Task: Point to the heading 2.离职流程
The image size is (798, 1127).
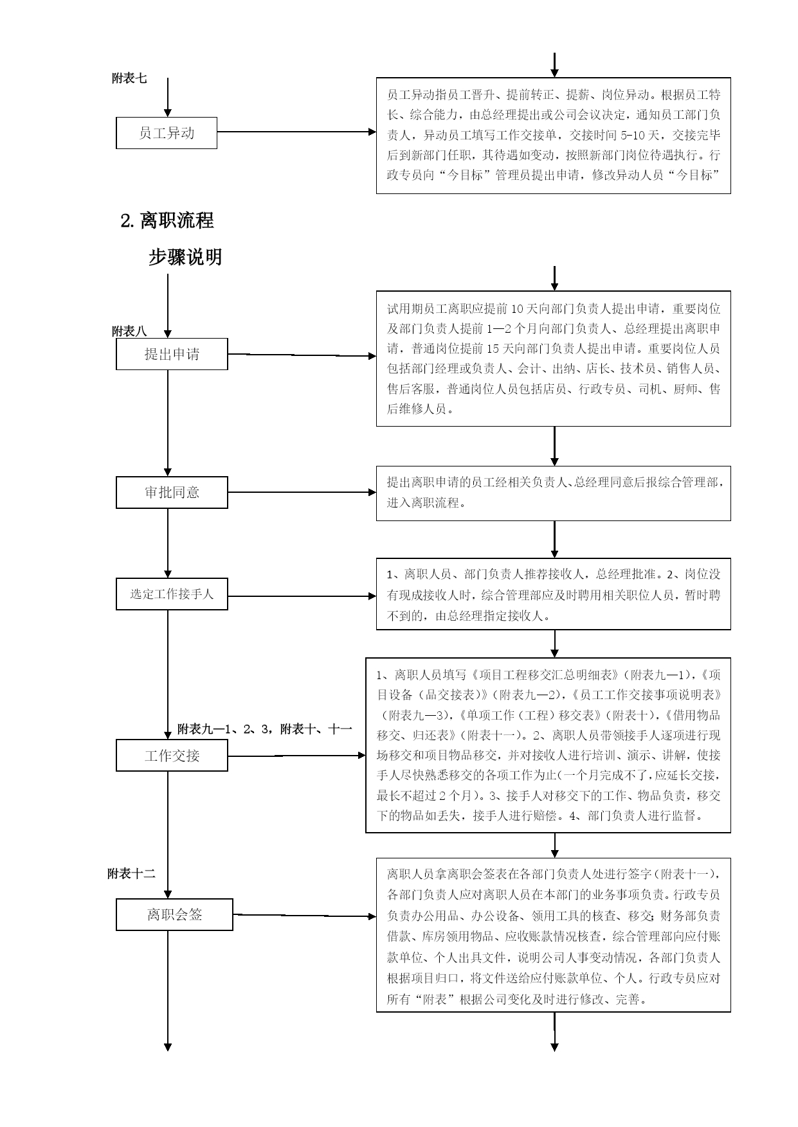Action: [x=167, y=221]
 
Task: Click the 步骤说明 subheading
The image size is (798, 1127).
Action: [x=185, y=257]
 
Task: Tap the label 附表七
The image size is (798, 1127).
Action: [x=129, y=78]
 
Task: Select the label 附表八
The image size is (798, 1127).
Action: [x=129, y=332]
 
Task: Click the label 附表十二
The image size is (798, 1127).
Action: [x=131, y=874]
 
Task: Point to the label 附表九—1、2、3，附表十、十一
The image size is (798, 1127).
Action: [x=265, y=729]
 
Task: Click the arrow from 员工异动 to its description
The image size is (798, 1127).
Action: [x=296, y=132]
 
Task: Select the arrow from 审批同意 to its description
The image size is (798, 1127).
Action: [x=302, y=493]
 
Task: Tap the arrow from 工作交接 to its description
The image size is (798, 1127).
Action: [x=297, y=756]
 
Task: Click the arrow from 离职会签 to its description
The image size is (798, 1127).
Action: [x=305, y=916]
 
